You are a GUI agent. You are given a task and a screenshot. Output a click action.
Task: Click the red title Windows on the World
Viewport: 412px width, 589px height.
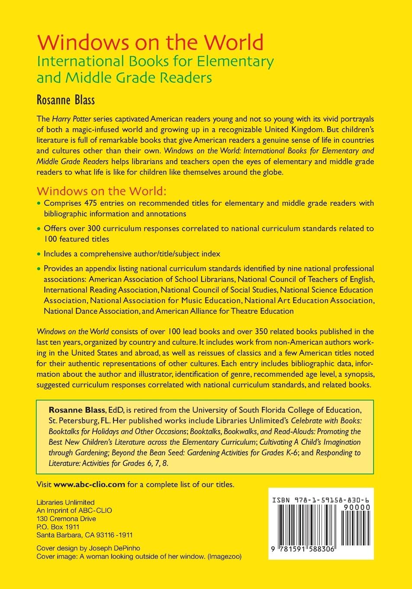(150, 43)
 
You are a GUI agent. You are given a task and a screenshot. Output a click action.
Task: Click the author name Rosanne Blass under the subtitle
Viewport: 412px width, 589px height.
(65, 100)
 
